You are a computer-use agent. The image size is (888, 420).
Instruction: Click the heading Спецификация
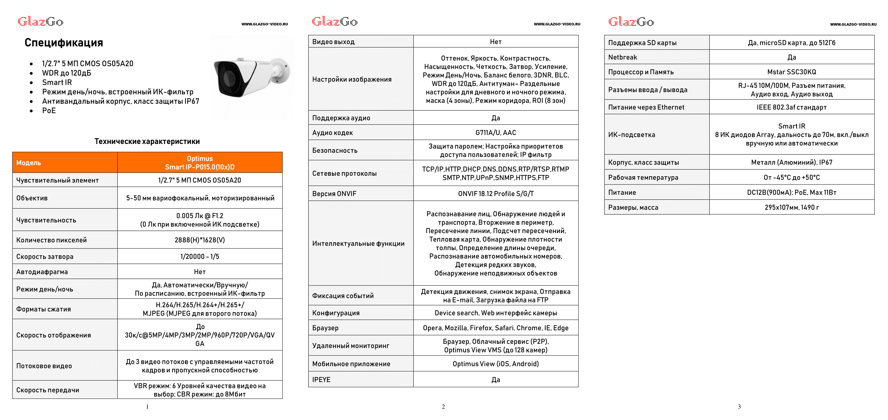(x=64, y=43)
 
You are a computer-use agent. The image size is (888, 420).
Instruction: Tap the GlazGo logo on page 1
(x=40, y=22)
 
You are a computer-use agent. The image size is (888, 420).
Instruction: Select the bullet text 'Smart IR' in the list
(x=57, y=83)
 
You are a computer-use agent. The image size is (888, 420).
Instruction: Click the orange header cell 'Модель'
(x=29, y=163)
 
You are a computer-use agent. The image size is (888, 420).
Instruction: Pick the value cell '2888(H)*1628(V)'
(x=200, y=240)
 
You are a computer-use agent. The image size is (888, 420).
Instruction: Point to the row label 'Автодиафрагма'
(x=42, y=272)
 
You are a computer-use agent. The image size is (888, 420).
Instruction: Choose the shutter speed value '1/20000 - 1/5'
(x=200, y=256)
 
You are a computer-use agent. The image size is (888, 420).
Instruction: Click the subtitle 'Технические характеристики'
(x=147, y=141)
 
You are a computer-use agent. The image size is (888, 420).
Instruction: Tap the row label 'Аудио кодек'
(x=332, y=133)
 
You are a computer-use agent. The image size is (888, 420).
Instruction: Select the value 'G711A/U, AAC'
(x=496, y=133)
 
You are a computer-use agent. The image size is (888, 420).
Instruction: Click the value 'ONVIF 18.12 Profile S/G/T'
(x=496, y=194)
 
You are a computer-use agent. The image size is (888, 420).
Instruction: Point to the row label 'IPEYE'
(x=321, y=380)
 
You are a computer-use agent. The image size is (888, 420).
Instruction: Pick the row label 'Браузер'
(x=325, y=328)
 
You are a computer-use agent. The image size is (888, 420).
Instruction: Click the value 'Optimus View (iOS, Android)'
(x=496, y=364)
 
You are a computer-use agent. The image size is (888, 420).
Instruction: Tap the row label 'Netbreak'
(x=622, y=57)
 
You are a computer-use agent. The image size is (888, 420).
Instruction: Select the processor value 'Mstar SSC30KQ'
(x=792, y=72)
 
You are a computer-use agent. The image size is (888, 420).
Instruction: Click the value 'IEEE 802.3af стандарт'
(x=792, y=107)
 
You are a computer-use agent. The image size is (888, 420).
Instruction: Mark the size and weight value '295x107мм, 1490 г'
(x=792, y=207)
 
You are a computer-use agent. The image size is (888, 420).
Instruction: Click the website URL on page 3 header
(x=853, y=24)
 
